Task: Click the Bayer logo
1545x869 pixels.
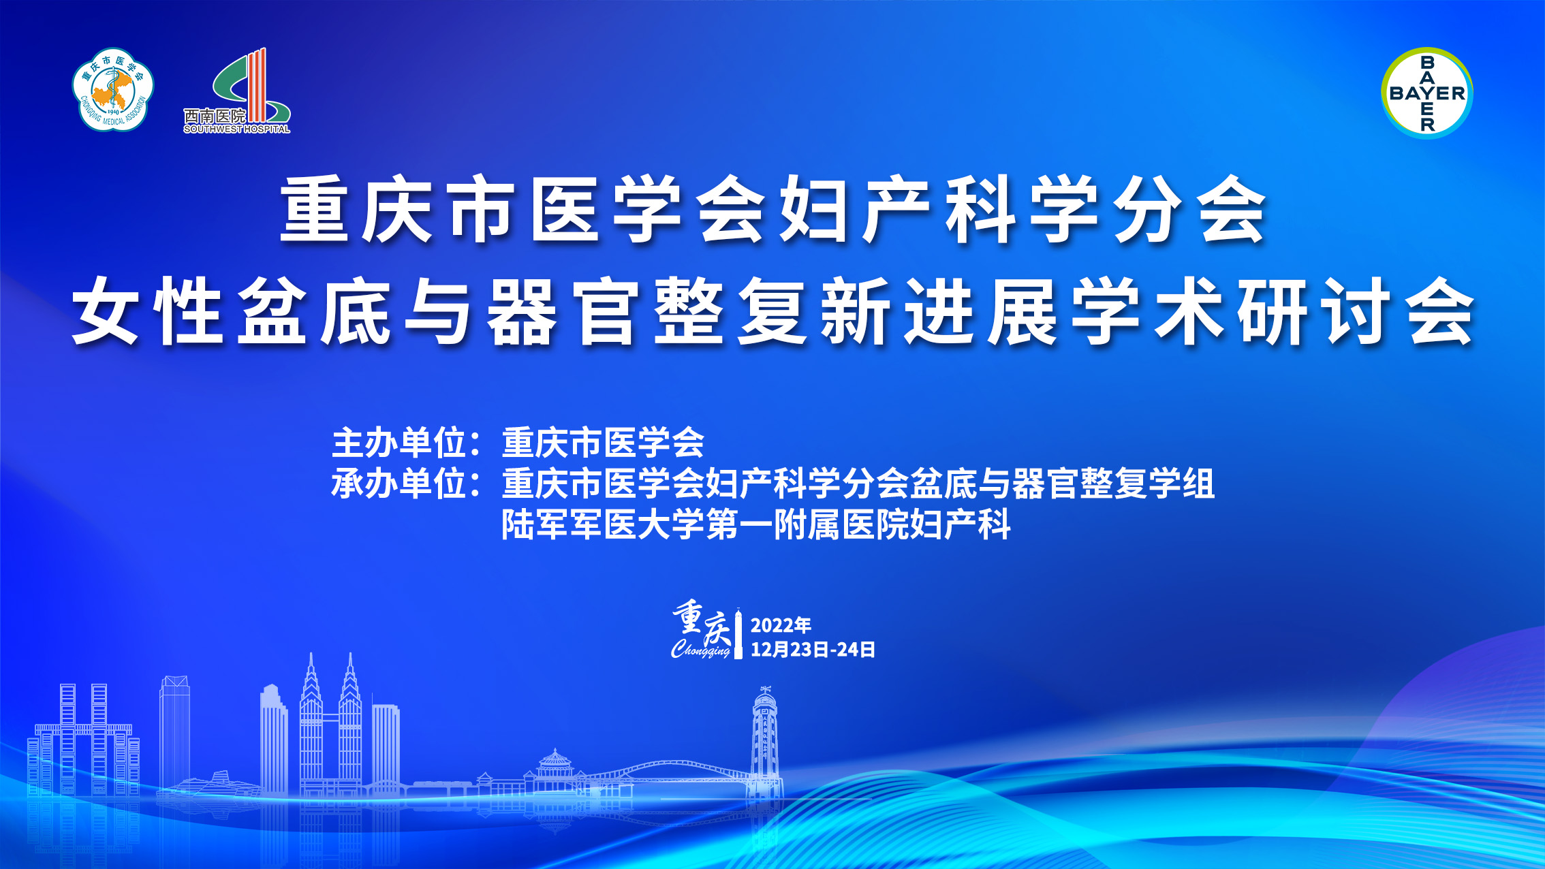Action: coord(1427,93)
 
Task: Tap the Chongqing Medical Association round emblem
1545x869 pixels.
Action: coord(113,89)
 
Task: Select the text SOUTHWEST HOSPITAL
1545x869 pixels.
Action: coord(236,129)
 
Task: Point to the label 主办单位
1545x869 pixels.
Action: coord(399,443)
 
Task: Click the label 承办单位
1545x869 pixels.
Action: coord(399,484)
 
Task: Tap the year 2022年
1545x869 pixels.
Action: coord(781,625)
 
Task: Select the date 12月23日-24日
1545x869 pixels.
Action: coord(813,650)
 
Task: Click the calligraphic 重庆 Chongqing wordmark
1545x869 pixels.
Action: coord(702,631)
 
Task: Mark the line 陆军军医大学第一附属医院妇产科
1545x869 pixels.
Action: coord(756,524)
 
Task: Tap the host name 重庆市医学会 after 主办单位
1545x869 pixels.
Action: coord(603,443)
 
